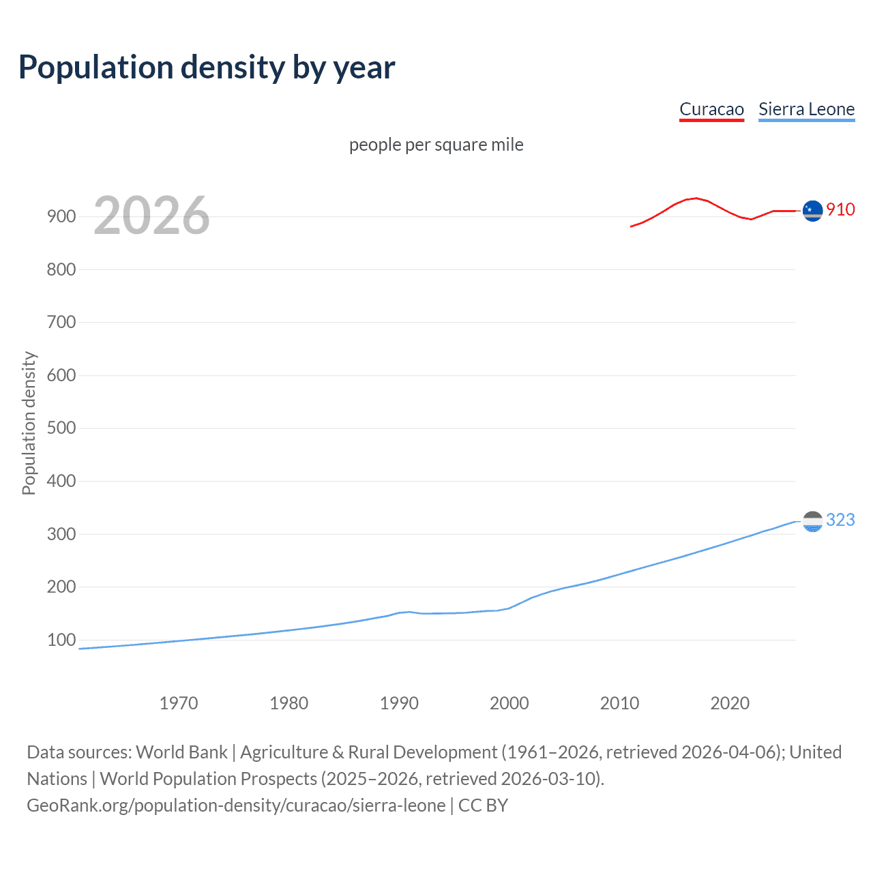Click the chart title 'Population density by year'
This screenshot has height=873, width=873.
(x=207, y=68)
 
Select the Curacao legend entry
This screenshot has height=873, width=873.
(x=711, y=109)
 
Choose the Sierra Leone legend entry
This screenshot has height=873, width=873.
(x=806, y=109)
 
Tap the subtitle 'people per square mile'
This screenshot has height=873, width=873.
(x=436, y=145)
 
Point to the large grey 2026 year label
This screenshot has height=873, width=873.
(x=151, y=216)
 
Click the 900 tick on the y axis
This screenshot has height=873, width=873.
(x=61, y=216)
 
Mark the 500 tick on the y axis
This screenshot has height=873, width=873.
(x=61, y=428)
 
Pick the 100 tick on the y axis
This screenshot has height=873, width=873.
(x=61, y=640)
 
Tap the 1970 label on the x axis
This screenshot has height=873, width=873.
(x=179, y=703)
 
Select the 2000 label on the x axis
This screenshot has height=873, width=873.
(x=509, y=703)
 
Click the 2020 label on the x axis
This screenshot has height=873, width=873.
(x=730, y=703)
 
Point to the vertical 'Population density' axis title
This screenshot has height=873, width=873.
(x=29, y=423)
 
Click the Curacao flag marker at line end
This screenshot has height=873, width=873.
(x=812, y=211)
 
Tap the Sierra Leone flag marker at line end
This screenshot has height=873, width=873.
(x=812, y=521)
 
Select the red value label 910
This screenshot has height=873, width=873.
(x=840, y=209)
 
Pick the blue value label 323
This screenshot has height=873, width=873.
(x=840, y=520)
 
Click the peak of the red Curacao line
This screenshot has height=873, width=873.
(x=695, y=198)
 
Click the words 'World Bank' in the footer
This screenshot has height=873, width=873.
(x=181, y=752)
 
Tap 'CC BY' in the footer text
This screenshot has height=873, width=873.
(x=483, y=805)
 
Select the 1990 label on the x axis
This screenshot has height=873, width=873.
(x=399, y=703)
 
